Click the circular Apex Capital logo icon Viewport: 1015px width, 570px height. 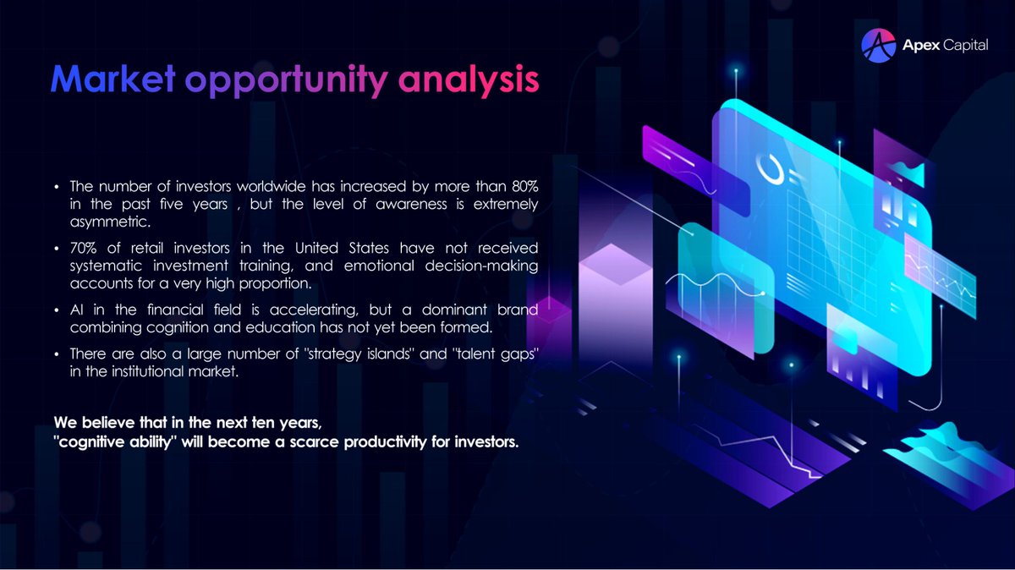(x=878, y=46)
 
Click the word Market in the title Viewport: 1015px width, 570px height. (x=112, y=79)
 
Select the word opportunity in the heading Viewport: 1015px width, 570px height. (x=287, y=79)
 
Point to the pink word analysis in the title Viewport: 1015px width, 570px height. (x=467, y=79)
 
